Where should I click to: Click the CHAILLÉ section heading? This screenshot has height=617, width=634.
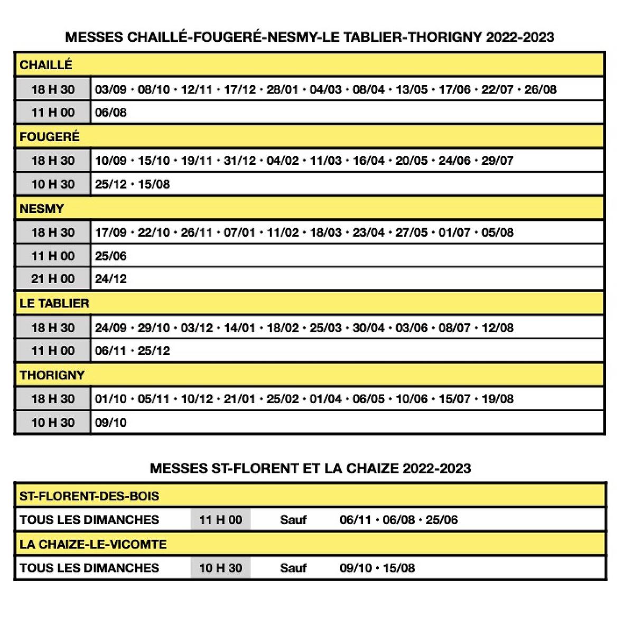coord(46,65)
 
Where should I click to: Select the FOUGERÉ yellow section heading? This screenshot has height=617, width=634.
coord(50,137)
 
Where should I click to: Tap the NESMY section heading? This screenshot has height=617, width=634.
coord(42,209)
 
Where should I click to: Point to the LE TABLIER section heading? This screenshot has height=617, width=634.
coord(54,303)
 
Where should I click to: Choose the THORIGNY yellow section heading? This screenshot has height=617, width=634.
coord(52,375)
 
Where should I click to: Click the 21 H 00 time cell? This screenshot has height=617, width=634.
coord(53,279)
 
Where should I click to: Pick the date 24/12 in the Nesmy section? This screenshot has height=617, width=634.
coord(111,279)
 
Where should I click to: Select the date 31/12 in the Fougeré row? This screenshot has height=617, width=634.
coord(240,161)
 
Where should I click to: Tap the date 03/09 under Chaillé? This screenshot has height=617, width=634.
coord(111,89)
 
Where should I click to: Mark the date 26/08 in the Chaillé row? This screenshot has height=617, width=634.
coord(540,89)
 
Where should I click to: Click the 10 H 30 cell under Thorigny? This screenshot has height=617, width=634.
coord(53,423)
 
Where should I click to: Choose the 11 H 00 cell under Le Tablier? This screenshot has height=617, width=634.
coord(53,351)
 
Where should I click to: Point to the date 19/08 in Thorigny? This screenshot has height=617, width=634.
coord(498,399)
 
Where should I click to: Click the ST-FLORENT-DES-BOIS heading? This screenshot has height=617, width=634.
coord(89,496)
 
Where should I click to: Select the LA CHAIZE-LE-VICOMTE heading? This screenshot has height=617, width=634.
coord(93,544)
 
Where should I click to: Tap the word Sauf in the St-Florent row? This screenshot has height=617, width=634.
coord(293,520)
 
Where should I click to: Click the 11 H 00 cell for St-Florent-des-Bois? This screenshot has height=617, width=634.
coord(220,520)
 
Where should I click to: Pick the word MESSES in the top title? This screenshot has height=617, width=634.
coord(94,38)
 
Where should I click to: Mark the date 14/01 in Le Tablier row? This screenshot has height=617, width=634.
coord(240,328)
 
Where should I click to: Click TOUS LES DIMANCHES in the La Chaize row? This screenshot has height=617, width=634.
coord(89,568)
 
